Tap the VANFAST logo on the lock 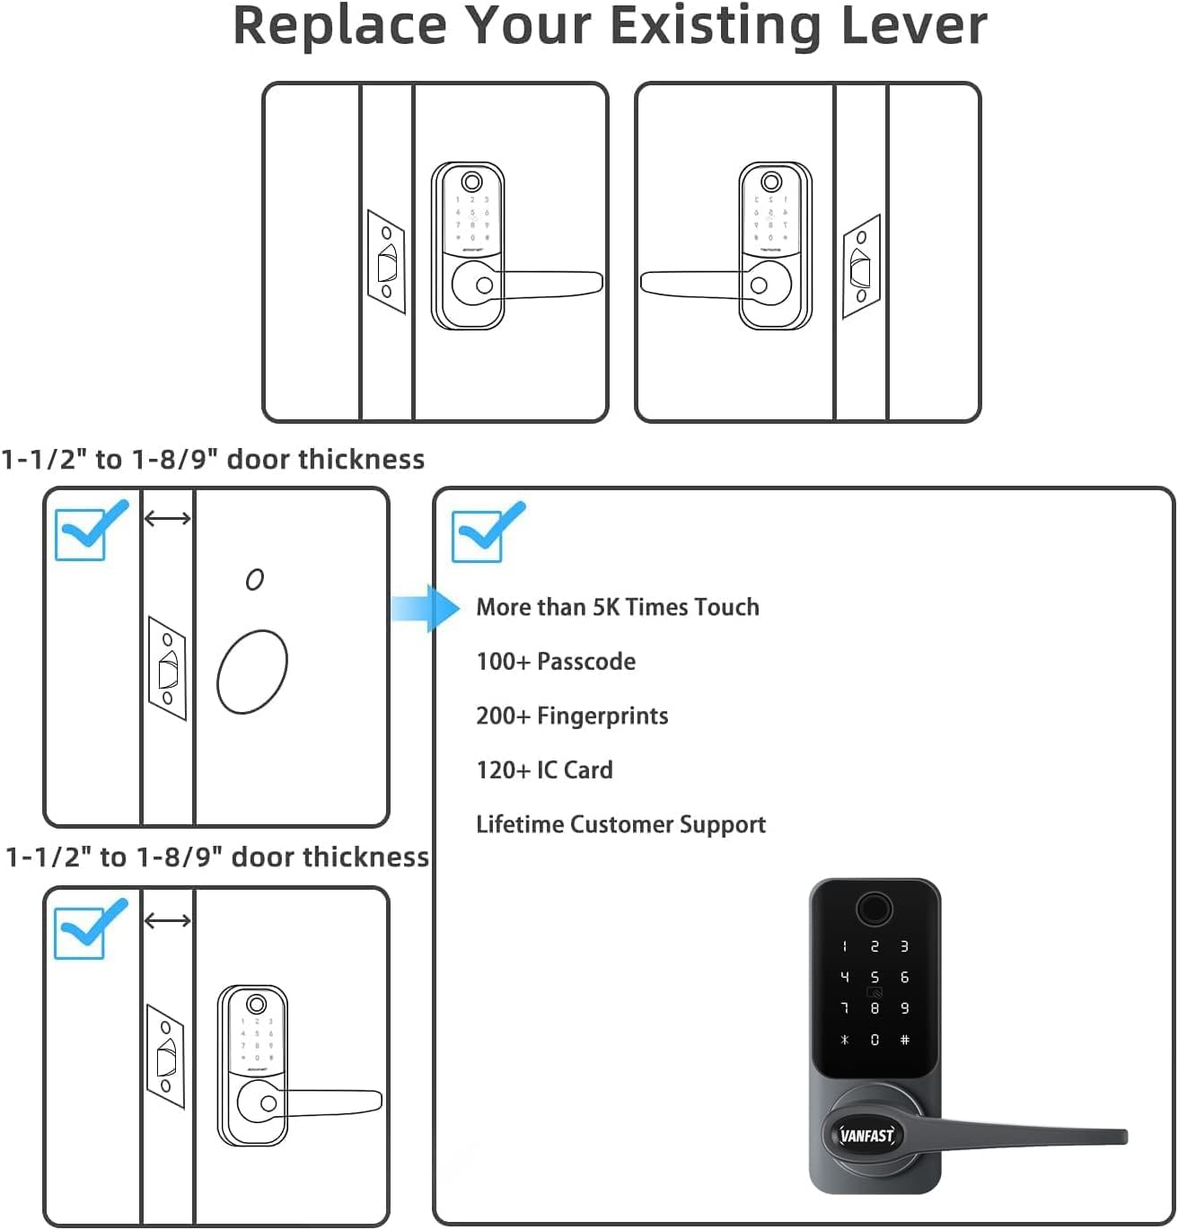coord(866,1135)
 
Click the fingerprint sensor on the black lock coord(874,908)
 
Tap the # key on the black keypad coord(904,1040)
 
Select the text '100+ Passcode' coord(556,662)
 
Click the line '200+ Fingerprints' coord(572,716)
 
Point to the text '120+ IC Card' coord(544,770)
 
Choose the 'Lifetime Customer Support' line coord(620,824)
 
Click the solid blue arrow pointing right coord(426,608)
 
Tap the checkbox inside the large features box coord(478,537)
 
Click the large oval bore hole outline coord(252,672)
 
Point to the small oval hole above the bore coord(255,580)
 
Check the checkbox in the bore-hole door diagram coord(81,534)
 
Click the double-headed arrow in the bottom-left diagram coord(168,920)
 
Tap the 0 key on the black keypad coord(875,1040)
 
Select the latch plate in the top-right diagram coord(860,267)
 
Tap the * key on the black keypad coord(844,1040)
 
